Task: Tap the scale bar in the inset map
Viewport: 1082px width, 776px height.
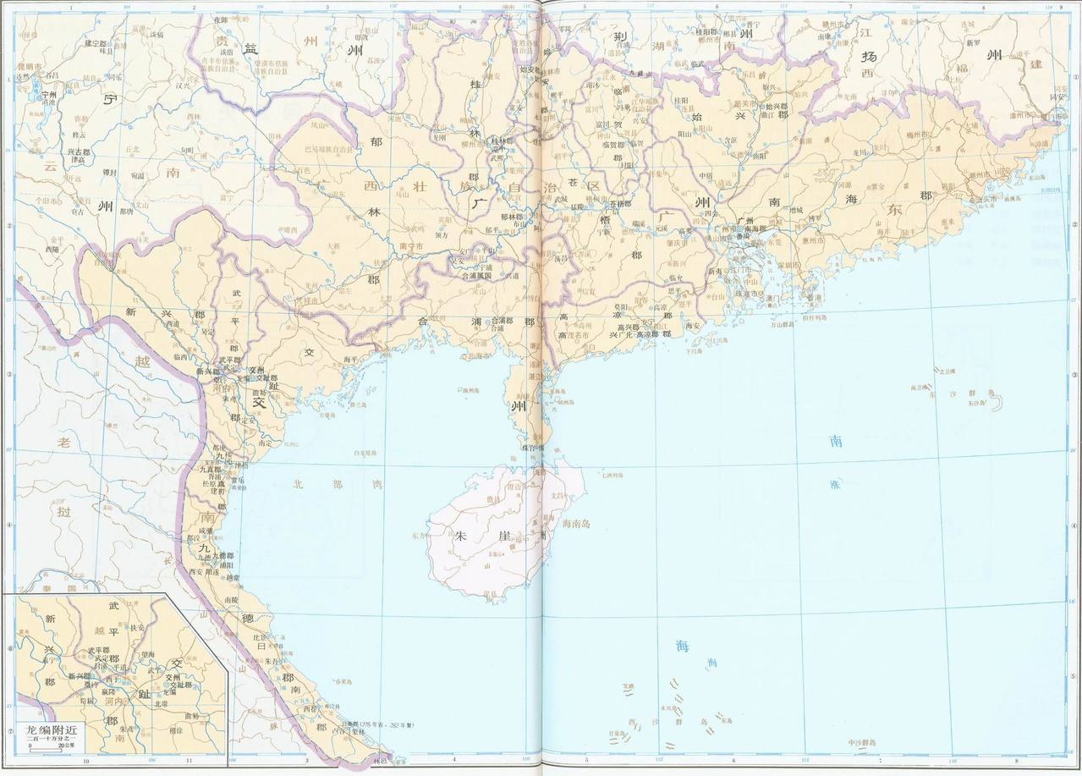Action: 51,746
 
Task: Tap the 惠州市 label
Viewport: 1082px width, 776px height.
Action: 814,240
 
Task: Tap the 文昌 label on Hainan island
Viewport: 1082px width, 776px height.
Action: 562,497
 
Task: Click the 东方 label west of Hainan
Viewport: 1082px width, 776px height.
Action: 419,535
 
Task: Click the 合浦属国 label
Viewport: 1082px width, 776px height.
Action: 475,275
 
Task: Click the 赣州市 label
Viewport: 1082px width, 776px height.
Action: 838,26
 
